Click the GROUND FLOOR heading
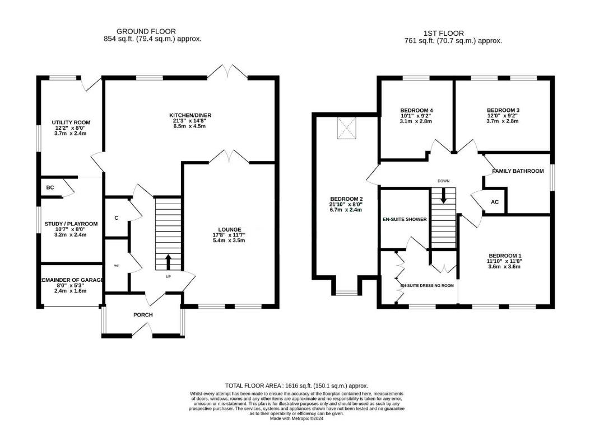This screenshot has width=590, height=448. pos(146,31)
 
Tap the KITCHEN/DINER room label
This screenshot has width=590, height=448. pos(192,116)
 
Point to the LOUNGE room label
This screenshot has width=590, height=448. pos(230,229)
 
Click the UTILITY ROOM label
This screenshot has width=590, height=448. pos(71,122)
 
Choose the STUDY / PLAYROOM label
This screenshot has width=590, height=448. pos(71,224)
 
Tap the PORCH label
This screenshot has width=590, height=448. pos(143,315)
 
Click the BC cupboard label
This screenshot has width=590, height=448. pos(50,187)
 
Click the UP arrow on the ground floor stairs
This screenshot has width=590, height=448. pos(169,262)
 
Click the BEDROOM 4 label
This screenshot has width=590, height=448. pos(416,110)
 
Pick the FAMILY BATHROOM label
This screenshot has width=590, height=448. pos(518,171)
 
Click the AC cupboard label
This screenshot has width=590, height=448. pos(495,202)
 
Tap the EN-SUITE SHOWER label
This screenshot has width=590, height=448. pos(405,219)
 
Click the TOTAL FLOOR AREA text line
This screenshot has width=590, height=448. pos(296,386)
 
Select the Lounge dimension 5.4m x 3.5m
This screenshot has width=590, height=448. pos(230,240)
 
